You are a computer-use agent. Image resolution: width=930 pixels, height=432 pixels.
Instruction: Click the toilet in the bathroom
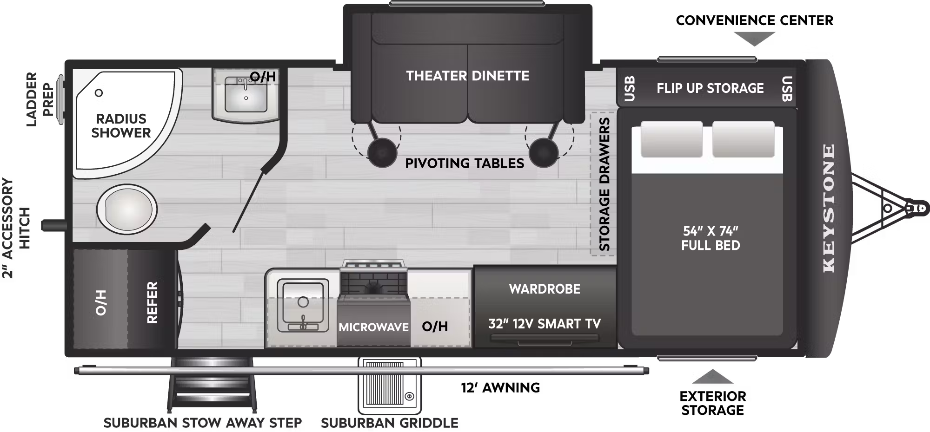[126, 209]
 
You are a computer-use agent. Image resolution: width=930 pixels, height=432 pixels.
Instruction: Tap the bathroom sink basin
[246, 95]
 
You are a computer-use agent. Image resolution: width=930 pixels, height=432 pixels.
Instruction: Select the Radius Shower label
[121, 125]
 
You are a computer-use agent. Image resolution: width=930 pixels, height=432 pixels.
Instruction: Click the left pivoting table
[382, 152]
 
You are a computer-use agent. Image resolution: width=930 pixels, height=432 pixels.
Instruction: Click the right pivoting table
[543, 152]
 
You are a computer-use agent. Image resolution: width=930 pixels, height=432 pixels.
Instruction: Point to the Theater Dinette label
[467, 76]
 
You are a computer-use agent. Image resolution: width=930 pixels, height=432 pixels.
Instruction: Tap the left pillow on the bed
[671, 139]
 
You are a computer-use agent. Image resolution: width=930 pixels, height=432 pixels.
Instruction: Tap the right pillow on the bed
[743, 139]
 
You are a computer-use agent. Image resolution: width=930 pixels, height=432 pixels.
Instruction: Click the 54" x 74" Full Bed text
[711, 238]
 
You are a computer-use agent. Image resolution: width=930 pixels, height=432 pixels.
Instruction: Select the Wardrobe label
[545, 289]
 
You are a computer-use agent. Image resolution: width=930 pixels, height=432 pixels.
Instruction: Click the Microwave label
[373, 327]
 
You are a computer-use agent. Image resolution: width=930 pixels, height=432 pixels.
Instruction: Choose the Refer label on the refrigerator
[152, 302]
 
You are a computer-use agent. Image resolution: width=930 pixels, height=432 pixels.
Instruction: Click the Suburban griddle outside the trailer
[390, 386]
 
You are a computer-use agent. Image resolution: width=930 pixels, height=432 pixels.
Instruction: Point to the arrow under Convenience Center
[754, 39]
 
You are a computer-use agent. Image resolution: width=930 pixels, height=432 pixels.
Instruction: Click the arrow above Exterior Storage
[712, 377]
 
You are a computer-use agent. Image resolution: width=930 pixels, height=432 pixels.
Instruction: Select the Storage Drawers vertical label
[604, 184]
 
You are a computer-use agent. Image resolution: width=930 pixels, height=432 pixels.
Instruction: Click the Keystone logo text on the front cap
[829, 208]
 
